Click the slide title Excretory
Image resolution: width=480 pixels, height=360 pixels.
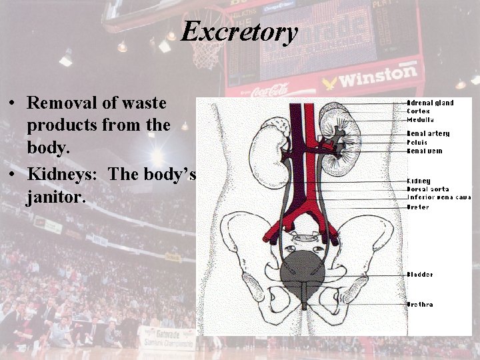point(239,31)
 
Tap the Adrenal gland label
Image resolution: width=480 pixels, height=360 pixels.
point(431,103)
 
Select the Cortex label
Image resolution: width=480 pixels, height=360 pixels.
point(419,111)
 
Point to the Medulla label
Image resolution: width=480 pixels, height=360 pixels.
point(421,120)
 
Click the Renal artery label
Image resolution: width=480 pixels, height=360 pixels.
point(429,133)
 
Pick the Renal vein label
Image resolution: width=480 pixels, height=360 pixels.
point(425,151)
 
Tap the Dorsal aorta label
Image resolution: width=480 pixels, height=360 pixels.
point(429,189)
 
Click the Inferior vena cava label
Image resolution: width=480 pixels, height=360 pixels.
point(439,197)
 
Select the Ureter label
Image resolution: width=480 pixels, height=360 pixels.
point(419,207)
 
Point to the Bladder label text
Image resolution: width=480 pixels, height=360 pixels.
point(421,275)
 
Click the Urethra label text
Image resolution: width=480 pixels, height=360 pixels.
point(421,305)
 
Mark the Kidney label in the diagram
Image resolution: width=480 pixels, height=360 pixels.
point(419,181)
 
